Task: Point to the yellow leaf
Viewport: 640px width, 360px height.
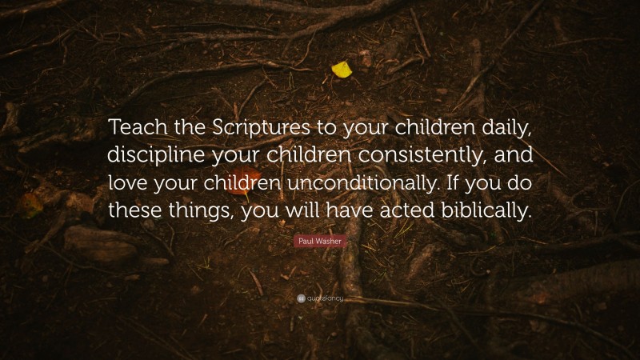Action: tap(342, 70)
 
